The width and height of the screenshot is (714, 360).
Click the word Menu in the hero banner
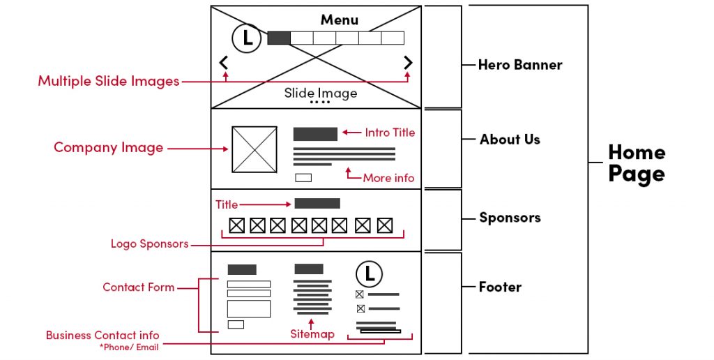tap(340, 20)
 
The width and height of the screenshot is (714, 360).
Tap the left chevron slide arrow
tap(224, 63)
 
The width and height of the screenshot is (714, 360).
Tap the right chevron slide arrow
tap(408, 63)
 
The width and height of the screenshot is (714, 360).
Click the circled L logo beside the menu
tap(246, 38)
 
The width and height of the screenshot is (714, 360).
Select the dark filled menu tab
tap(278, 38)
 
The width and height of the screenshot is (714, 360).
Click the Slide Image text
tap(320, 93)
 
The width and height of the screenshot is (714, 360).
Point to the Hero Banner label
tap(519, 65)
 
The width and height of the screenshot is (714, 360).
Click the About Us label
tap(510, 140)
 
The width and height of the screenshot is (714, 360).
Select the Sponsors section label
tap(510, 218)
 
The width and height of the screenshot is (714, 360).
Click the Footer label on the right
tap(500, 287)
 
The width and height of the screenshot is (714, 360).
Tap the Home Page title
tap(636, 163)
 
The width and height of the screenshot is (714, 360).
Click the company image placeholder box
tap(255, 149)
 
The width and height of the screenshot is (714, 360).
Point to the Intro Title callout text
tap(390, 133)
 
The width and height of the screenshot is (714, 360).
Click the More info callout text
tap(388, 178)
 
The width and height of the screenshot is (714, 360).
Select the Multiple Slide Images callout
tap(109, 81)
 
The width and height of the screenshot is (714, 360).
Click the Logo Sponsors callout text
tap(149, 244)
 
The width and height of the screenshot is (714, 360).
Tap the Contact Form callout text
tap(139, 287)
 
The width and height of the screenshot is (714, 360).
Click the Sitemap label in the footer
tap(312, 334)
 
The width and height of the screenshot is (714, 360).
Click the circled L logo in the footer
tap(369, 273)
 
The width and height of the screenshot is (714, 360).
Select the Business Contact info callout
tap(102, 336)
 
